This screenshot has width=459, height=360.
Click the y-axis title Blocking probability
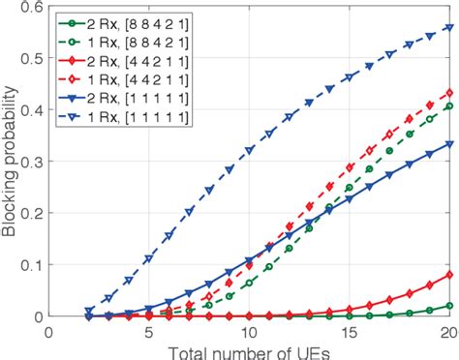12,160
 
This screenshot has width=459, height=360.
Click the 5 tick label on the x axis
148,331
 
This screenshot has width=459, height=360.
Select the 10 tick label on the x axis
249,331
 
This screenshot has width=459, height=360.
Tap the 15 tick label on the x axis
349,331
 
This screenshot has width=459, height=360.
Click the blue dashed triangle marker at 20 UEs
448,27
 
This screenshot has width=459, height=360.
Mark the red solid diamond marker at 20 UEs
448,275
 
